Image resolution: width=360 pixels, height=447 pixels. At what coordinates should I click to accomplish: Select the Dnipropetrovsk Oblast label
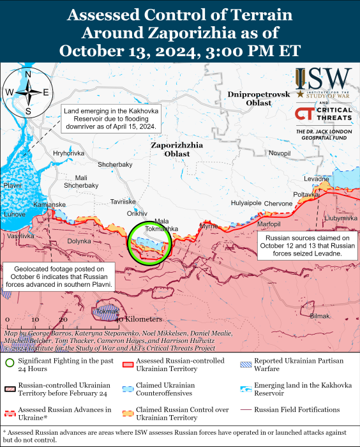[259, 98]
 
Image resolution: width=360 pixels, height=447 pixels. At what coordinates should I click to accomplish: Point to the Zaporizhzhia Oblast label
[177, 149]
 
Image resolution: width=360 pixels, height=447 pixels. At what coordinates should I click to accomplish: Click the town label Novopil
[280, 153]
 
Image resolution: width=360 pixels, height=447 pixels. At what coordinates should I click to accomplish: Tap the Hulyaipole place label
[246, 203]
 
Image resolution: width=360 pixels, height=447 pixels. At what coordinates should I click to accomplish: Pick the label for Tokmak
[104, 312]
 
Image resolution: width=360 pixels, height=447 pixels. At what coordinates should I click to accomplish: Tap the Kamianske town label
[49, 204]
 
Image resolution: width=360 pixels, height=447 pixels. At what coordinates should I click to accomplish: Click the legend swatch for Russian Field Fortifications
[247, 409]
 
